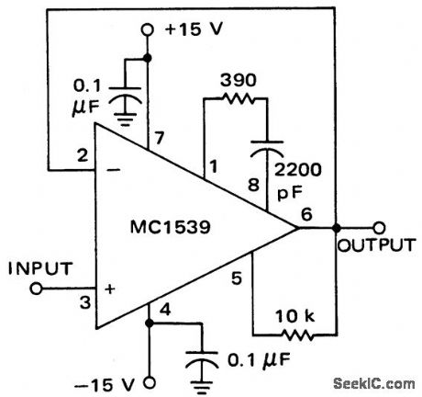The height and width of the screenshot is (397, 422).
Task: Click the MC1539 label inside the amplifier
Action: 172,226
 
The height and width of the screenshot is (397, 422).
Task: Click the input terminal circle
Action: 36,289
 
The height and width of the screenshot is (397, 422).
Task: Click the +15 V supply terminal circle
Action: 147,30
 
